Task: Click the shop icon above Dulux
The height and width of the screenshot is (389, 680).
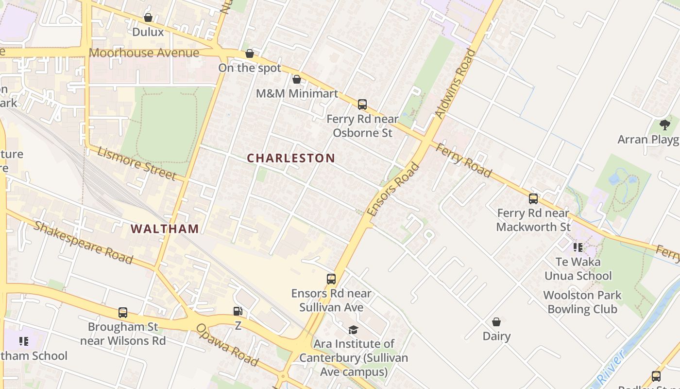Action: [148, 18]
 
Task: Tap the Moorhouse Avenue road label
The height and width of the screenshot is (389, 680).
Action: [144, 53]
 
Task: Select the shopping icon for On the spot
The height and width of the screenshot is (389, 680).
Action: [250, 53]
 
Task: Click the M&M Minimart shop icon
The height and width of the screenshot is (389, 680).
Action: [297, 79]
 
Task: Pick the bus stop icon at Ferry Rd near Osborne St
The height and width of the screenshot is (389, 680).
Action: [362, 105]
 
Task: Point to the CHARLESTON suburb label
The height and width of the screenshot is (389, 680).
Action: [291, 158]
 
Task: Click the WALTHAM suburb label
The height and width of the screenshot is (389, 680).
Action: [165, 229]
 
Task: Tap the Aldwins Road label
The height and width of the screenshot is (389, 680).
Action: [455, 83]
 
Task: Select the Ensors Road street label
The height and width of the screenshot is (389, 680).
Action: [393, 190]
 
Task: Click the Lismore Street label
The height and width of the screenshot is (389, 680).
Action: [136, 163]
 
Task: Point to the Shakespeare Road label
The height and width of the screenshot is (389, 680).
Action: [83, 243]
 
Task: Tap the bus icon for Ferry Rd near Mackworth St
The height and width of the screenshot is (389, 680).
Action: [533, 199]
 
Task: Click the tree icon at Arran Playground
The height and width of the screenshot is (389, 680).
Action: [665, 125]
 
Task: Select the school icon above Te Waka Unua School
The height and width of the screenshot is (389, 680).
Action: [578, 248]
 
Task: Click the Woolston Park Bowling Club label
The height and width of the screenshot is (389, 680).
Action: [582, 302]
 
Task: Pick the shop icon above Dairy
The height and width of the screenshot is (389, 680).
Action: [496, 322]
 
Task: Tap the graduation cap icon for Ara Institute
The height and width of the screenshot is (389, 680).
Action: [353, 330]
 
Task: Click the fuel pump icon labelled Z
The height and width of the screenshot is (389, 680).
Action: [238, 311]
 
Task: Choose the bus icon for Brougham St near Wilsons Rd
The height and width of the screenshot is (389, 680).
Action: [123, 313]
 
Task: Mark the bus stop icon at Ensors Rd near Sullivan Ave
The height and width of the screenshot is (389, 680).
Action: [331, 279]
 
